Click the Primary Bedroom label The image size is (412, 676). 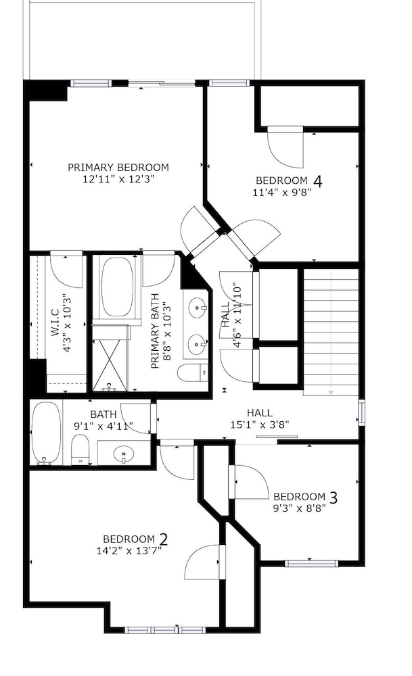[118, 167]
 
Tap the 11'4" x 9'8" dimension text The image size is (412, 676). [282, 192]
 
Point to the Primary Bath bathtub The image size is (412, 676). [116, 287]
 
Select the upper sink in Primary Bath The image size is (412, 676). [197, 308]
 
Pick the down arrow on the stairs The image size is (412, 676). [331, 392]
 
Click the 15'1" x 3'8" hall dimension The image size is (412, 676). [260, 425]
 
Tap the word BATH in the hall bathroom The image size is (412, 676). [104, 414]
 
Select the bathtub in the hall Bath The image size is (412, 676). [46, 433]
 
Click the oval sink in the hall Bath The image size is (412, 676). [124, 454]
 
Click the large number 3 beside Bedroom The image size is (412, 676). [333, 498]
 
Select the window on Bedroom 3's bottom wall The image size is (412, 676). [311, 562]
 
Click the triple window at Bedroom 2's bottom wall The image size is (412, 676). [165, 630]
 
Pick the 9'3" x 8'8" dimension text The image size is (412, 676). [300, 508]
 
